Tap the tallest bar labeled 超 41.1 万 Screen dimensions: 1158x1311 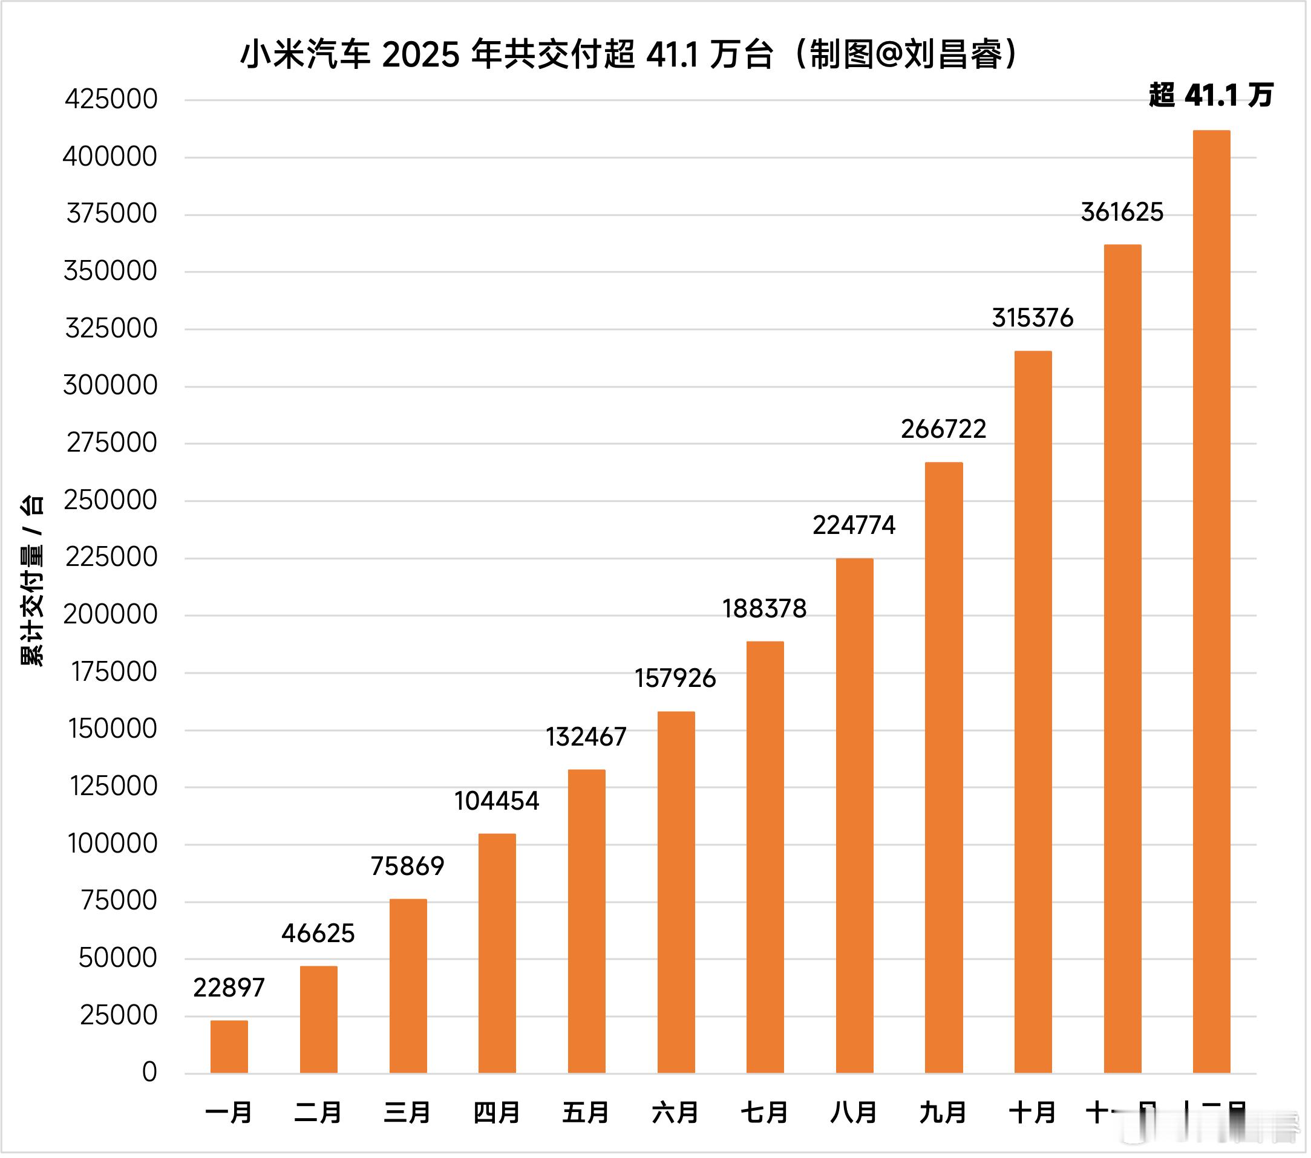tap(1212, 603)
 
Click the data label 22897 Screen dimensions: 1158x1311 tap(229, 988)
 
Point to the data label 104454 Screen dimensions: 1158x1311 tap(497, 801)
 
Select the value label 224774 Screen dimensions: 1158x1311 tap(854, 525)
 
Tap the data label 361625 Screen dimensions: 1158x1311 tap(1122, 212)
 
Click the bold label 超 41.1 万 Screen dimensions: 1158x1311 tap(1211, 95)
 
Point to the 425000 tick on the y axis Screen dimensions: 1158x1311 tap(111, 99)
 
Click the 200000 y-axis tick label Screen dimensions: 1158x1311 tap(110, 615)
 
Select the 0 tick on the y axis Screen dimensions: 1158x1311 tap(149, 1073)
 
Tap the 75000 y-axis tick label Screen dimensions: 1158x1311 tap(119, 901)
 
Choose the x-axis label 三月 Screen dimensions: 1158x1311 tap(407, 1113)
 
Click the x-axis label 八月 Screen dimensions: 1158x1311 tap(854, 1113)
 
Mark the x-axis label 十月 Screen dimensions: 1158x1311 tap(1033, 1113)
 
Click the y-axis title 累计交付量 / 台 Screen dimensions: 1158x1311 tap(32, 581)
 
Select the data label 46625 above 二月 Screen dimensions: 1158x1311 tap(318, 934)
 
